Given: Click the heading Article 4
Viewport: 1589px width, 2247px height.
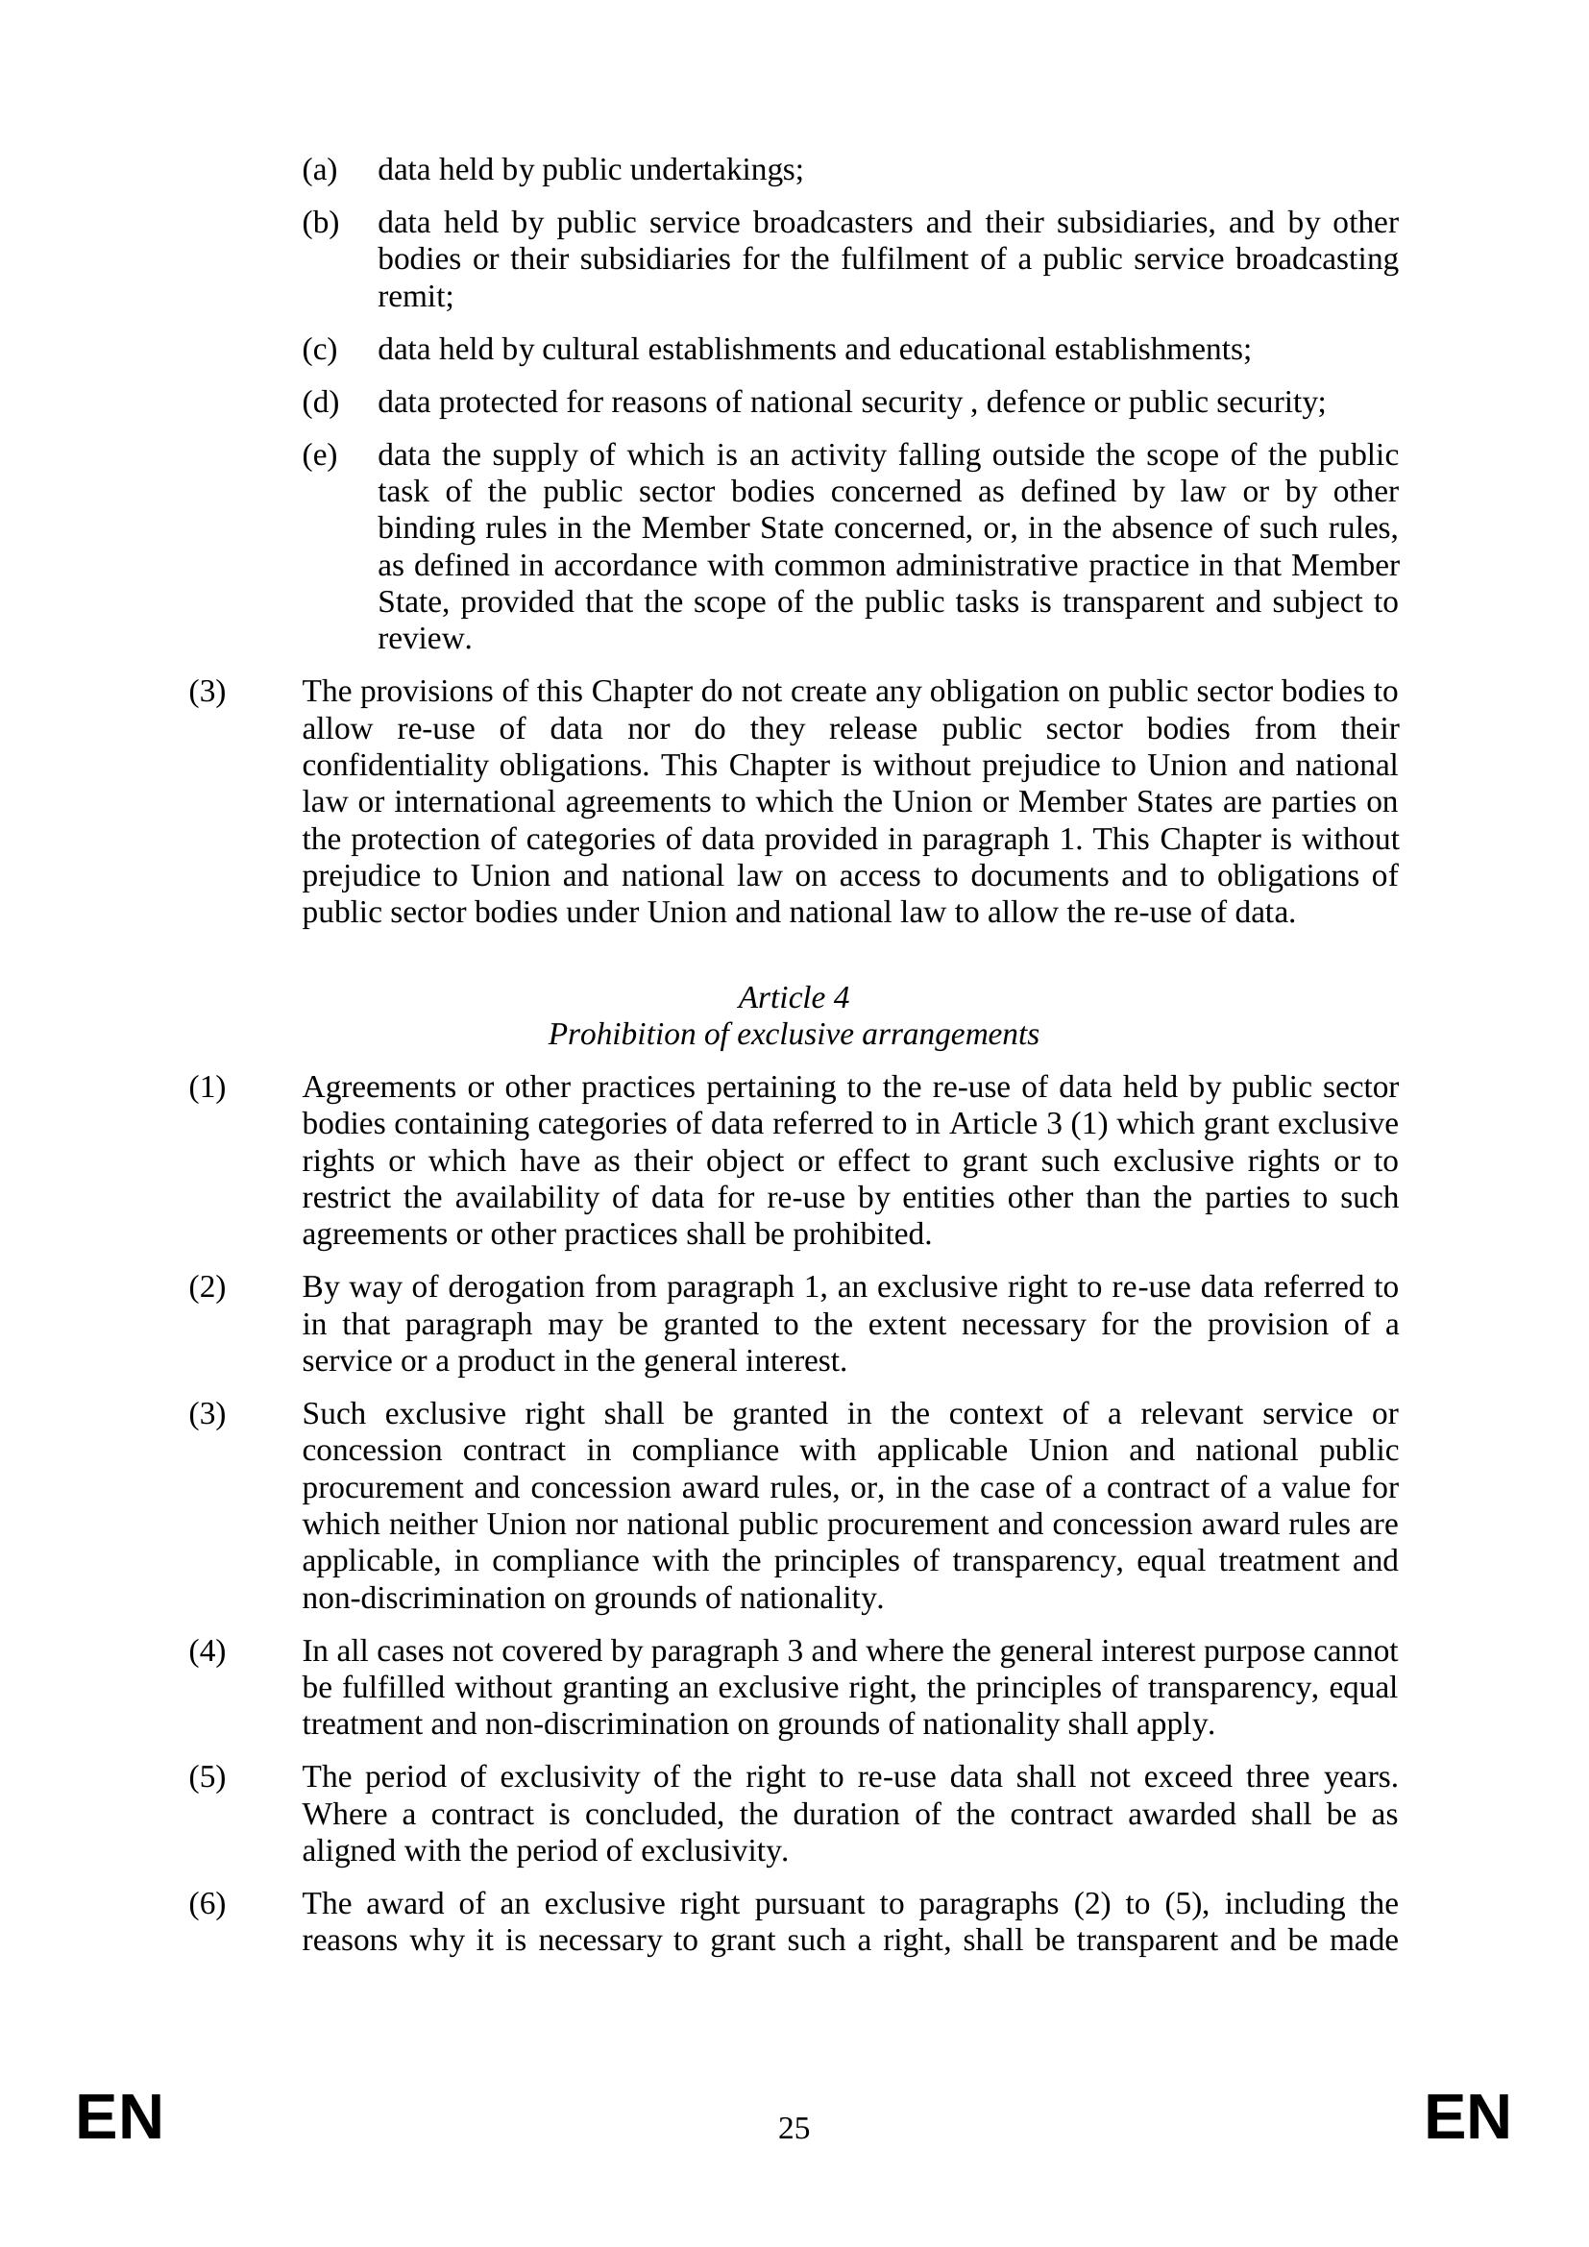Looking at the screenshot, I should click(794, 997).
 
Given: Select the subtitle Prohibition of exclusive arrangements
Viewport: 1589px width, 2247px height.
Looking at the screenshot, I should click(794, 1035).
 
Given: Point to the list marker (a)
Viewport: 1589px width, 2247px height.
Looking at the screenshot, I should click(319, 170).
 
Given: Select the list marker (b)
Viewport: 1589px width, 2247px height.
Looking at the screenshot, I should click(320, 223).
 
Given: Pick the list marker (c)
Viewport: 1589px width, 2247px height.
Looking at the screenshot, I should click(319, 350).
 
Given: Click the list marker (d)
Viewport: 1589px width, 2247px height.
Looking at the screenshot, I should click(320, 403).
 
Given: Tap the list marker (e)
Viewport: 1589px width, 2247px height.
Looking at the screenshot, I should click(319, 455).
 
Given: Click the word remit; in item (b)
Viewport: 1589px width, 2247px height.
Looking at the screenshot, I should click(416, 298).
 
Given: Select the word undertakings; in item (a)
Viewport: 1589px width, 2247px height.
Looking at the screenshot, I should click(717, 170).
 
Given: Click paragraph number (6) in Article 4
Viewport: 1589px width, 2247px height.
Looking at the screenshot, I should click(207, 1903).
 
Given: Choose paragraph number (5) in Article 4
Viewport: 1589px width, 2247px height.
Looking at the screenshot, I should click(207, 1776).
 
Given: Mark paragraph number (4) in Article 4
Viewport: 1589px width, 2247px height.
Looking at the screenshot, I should click(207, 1651).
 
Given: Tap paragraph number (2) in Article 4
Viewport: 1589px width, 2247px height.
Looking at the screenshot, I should click(207, 1287).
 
